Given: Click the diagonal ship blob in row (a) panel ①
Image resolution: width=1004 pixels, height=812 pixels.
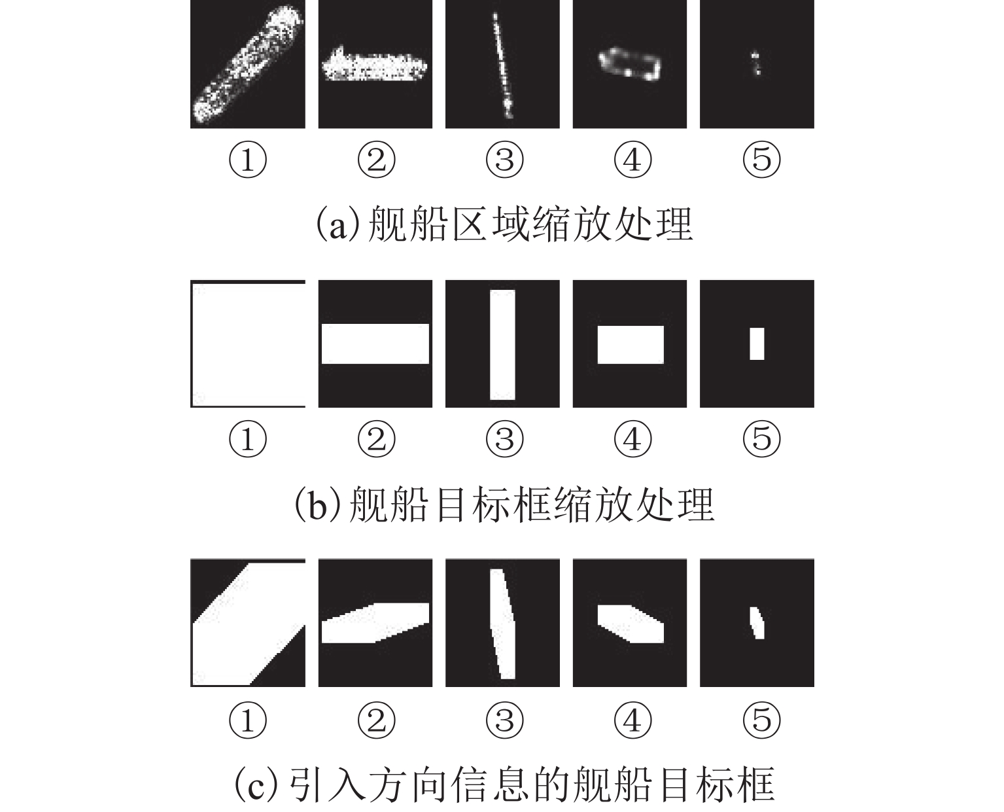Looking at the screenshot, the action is click(247, 64).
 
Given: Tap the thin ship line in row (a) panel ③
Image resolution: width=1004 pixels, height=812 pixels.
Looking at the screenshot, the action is click(502, 65).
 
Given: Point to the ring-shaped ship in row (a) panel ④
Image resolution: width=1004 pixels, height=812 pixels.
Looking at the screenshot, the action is click(630, 64).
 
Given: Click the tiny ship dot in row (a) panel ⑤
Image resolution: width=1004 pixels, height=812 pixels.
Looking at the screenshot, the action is click(755, 63).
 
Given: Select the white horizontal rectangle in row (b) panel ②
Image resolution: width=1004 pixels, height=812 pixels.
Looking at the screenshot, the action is click(375, 344).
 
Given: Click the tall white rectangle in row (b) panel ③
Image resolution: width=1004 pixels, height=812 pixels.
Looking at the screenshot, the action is click(502, 345).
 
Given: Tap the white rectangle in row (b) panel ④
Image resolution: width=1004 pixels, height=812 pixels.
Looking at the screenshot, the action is click(631, 345).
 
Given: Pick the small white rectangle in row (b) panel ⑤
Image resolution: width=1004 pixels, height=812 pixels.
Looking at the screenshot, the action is click(757, 344).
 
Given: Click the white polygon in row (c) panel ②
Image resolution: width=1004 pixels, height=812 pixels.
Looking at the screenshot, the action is click(375, 623).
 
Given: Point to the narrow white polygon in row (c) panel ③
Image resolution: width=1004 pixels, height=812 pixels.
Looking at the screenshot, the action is click(502, 624).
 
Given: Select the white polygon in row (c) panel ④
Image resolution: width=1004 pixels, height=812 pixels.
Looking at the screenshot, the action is click(631, 624).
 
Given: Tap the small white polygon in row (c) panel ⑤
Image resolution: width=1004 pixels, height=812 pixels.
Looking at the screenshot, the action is click(757, 623).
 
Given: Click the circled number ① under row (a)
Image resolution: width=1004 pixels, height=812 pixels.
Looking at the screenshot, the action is click(248, 160).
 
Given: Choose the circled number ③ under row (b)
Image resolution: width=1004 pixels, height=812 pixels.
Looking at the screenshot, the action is click(504, 438).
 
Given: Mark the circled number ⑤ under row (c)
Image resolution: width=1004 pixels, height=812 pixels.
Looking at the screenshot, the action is click(761, 720).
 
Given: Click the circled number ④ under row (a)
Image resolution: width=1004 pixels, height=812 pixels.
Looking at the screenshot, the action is click(633, 160).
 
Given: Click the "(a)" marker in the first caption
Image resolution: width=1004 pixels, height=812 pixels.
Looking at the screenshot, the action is click(338, 224).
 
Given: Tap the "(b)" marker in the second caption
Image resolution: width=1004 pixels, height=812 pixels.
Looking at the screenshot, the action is click(317, 504).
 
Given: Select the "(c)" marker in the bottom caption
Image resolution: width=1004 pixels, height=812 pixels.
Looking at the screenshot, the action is click(257, 784).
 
